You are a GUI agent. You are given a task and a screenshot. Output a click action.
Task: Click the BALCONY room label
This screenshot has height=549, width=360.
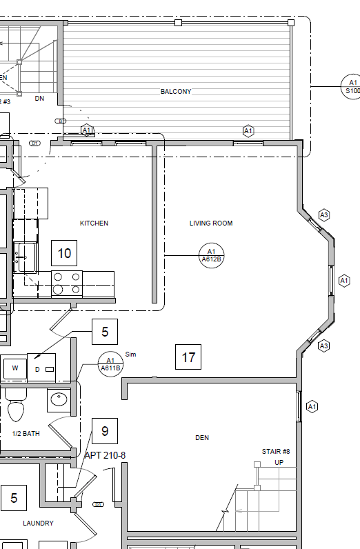click(x=176, y=91)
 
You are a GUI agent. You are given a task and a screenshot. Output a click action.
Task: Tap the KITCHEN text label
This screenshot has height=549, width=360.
click(x=94, y=223)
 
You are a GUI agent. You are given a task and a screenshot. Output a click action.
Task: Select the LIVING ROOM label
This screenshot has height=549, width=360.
click(x=211, y=223)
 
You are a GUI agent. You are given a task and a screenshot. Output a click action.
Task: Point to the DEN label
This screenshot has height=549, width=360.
click(x=202, y=437)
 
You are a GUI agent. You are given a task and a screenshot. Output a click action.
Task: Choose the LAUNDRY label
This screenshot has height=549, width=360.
click(x=38, y=523)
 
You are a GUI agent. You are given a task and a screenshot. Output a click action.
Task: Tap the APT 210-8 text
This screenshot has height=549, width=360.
click(x=106, y=456)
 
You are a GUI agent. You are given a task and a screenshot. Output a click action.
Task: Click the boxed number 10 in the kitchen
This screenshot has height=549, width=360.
click(x=64, y=253)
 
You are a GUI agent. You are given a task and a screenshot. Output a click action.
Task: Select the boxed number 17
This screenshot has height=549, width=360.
click(x=188, y=357)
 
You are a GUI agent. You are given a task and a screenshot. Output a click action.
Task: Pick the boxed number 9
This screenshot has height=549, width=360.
click(x=105, y=431)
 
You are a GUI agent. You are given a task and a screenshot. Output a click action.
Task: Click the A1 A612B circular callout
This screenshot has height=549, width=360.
click(x=212, y=255)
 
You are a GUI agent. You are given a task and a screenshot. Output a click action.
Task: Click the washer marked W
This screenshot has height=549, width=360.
click(x=15, y=368)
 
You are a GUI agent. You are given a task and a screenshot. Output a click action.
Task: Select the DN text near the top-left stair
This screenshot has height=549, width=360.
click(x=39, y=99)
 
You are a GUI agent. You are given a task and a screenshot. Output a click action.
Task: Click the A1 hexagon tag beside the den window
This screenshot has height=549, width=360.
click(x=311, y=406)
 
